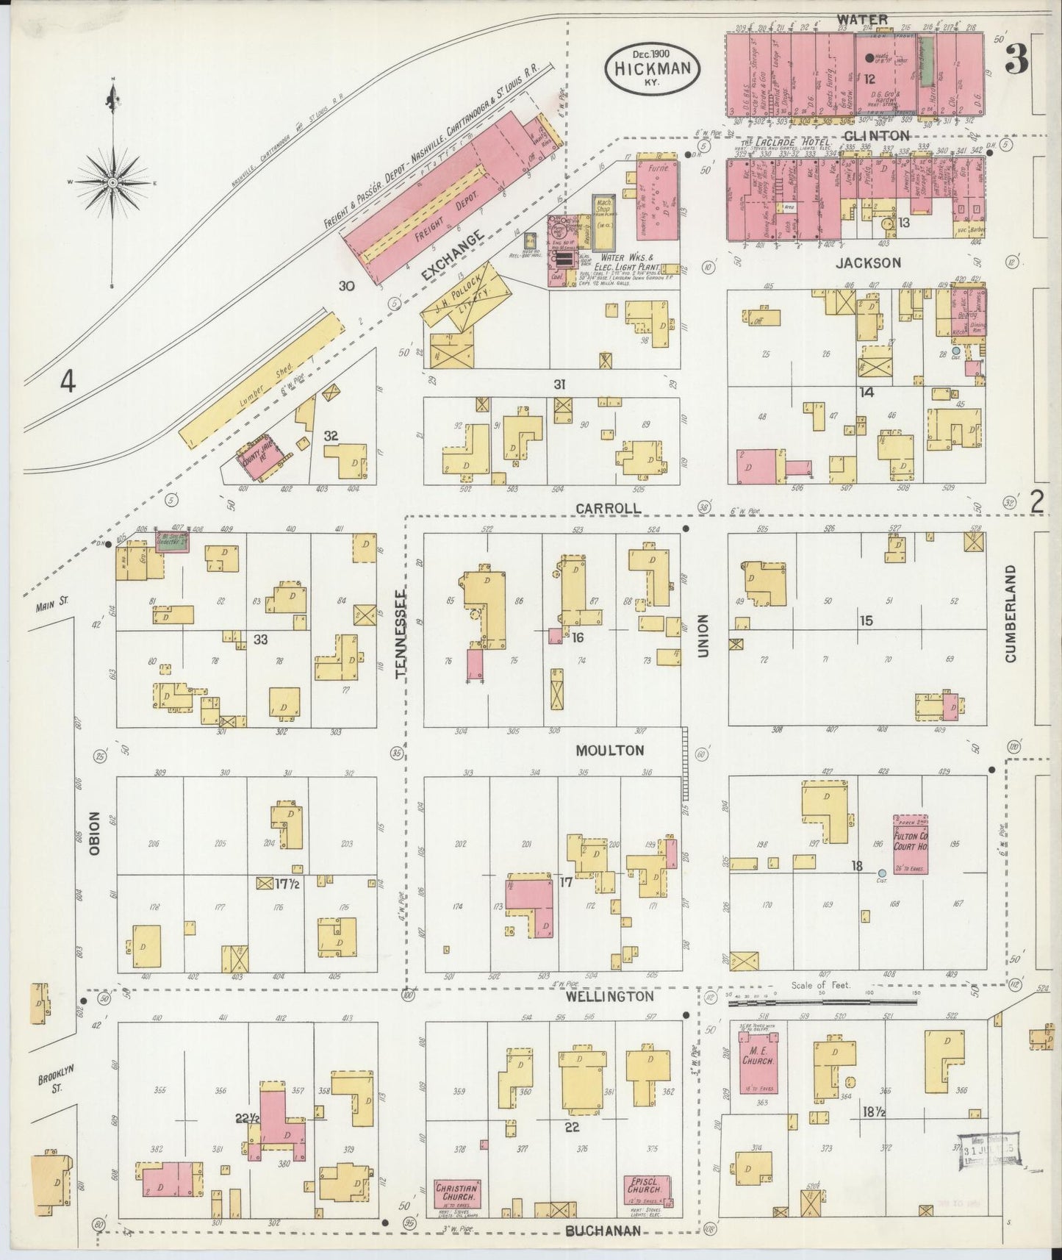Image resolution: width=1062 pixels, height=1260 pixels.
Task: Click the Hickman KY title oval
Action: [652, 68]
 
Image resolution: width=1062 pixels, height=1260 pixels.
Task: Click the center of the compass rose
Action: [113, 182]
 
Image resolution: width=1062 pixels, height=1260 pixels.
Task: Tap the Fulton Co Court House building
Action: [910, 843]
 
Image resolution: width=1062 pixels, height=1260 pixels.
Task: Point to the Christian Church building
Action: [456, 1194]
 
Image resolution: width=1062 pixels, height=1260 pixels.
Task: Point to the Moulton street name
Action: [610, 751]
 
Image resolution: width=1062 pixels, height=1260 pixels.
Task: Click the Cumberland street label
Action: [1011, 614]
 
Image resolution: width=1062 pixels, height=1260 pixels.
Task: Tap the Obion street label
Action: [94, 833]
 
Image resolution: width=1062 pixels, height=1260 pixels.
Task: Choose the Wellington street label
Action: [609, 996]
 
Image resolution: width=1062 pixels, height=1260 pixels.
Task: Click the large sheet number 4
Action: [68, 382]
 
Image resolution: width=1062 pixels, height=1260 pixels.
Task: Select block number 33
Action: [260, 640]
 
